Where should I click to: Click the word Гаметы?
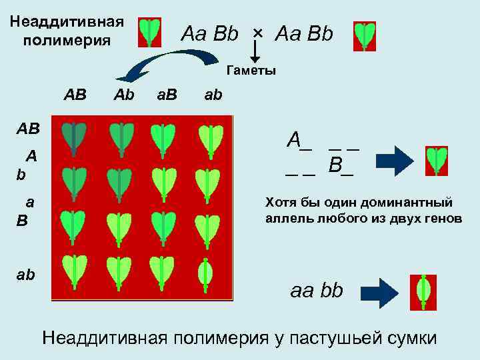(251, 70)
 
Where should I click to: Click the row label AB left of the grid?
(29, 128)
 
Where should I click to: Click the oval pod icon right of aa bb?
(423, 291)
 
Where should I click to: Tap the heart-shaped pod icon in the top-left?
(150, 32)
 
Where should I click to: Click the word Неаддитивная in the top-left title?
(67, 21)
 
